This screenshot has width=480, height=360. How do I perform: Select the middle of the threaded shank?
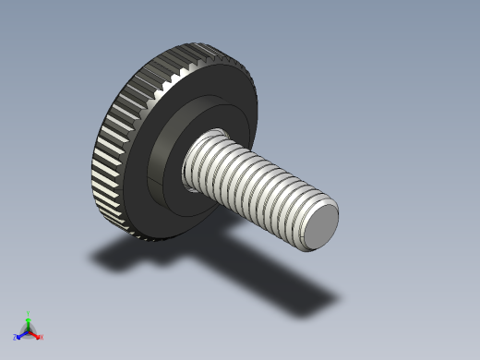tap(254, 185)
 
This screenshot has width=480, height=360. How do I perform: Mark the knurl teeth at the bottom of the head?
tap(148, 235)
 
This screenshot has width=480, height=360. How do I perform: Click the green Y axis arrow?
tap(29, 319)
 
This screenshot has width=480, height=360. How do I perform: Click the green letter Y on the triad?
tap(29, 313)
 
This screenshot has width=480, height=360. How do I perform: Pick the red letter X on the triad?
tap(42, 338)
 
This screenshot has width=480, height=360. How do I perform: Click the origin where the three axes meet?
tap(29, 331)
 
